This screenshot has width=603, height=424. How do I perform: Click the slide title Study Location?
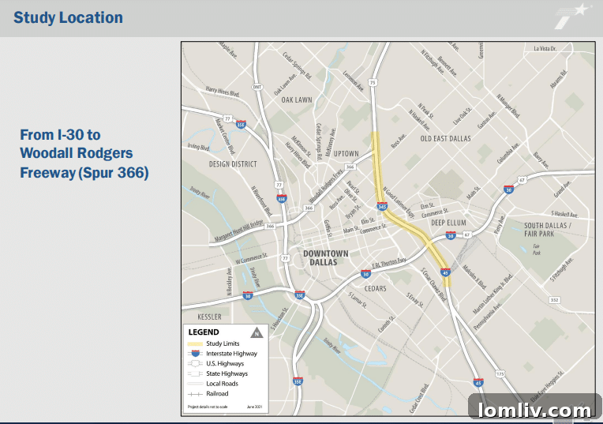coord(69,17)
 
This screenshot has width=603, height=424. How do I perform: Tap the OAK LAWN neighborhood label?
coord(298,100)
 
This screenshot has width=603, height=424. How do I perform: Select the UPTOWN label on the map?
coord(346,153)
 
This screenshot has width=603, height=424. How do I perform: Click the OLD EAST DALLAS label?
coord(445,139)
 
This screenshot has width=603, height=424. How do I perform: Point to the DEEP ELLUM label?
coord(449,223)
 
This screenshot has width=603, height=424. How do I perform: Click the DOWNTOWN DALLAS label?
coord(325,257)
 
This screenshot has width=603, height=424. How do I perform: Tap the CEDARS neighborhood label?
coord(375,289)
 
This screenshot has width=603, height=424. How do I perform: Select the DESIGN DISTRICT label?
coord(234,164)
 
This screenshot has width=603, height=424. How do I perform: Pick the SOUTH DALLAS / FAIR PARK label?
coord(548,230)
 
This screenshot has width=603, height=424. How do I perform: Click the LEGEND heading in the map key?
coord(204,332)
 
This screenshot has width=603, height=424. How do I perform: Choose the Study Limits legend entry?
coord(223,343)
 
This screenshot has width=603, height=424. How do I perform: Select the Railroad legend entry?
coord(217,393)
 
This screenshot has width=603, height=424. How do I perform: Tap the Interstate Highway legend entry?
coord(230,354)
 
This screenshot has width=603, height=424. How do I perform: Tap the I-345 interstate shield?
coord(382,207)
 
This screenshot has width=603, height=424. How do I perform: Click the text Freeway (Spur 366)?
coord(84,171)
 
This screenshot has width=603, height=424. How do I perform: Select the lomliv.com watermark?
coord(532,410)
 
